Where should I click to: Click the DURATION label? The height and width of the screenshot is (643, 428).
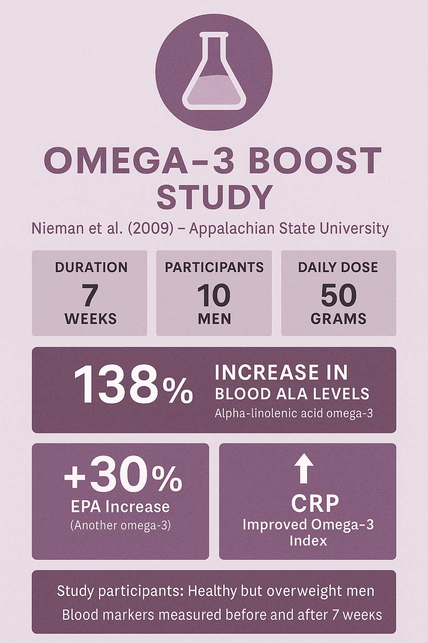tap(91, 267)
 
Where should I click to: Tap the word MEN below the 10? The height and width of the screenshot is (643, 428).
tap(214, 319)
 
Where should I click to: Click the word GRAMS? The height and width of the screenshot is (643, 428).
tap(338, 319)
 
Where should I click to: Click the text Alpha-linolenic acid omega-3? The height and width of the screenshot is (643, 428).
tap(294, 414)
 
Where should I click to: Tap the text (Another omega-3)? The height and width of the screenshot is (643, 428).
tap(121, 526)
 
